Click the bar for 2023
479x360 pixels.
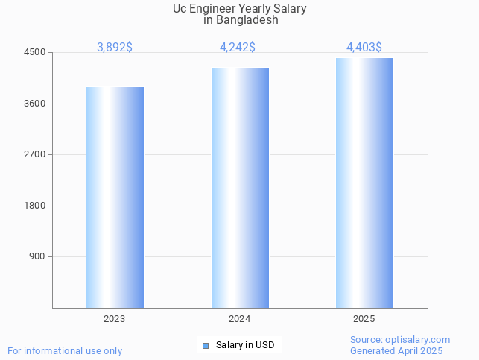(x=115, y=198)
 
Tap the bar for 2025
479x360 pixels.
(x=364, y=183)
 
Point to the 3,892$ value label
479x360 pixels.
(x=115, y=47)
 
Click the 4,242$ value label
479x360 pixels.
(x=238, y=47)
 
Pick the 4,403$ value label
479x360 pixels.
(x=364, y=47)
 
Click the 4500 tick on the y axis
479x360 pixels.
(x=36, y=52)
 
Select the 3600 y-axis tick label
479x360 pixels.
(x=36, y=104)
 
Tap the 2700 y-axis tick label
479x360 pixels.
(x=36, y=154)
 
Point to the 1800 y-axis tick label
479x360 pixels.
(x=36, y=206)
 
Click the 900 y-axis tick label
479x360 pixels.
(x=38, y=256)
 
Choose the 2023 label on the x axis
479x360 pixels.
(x=115, y=319)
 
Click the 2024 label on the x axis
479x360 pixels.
(x=240, y=319)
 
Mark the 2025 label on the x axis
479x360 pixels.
(x=364, y=319)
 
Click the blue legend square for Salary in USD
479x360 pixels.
(x=206, y=345)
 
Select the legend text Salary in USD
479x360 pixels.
(x=245, y=345)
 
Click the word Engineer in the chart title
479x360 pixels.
(x=218, y=8)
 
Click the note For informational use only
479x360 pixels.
(x=65, y=350)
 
